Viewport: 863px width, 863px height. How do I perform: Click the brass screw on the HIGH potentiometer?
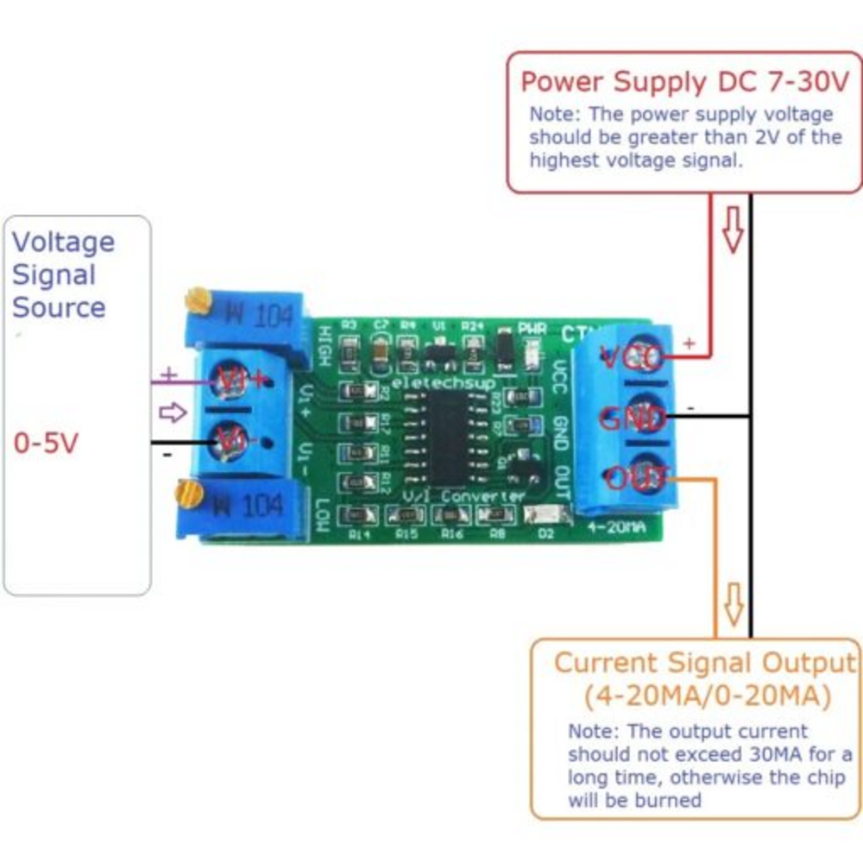coord(197,301)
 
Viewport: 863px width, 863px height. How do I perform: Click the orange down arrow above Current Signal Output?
coord(733,604)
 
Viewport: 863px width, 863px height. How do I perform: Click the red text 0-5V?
coord(46,444)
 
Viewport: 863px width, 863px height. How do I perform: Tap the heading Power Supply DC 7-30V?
coord(685,82)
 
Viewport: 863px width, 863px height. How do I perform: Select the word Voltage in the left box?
coord(63,242)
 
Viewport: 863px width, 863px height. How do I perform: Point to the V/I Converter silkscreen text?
coord(463,496)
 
